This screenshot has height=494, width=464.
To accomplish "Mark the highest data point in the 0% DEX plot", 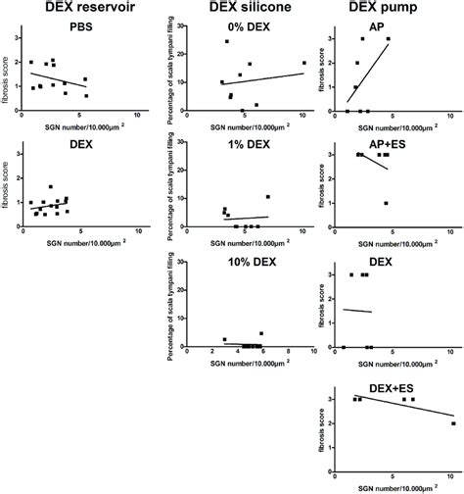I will pyautogui.click(x=227, y=41).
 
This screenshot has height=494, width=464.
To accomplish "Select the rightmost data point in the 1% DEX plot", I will pyautogui.click(x=268, y=197).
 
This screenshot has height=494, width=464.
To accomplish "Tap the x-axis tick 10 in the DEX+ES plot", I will pyautogui.click(x=450, y=476).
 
